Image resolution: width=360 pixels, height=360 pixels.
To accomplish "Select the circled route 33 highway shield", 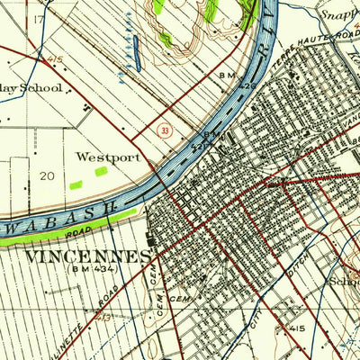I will [x=164, y=130].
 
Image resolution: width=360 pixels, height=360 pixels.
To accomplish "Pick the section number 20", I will [x=48, y=176].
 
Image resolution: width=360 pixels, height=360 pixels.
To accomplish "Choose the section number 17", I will [x=39, y=19].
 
